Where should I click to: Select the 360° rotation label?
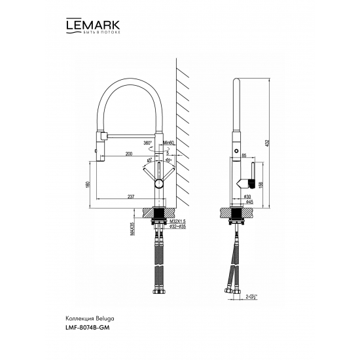147,143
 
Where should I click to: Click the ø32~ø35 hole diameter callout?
177,229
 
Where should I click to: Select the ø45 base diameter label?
249,202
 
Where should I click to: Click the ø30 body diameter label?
247,195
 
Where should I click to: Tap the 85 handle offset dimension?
243,155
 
